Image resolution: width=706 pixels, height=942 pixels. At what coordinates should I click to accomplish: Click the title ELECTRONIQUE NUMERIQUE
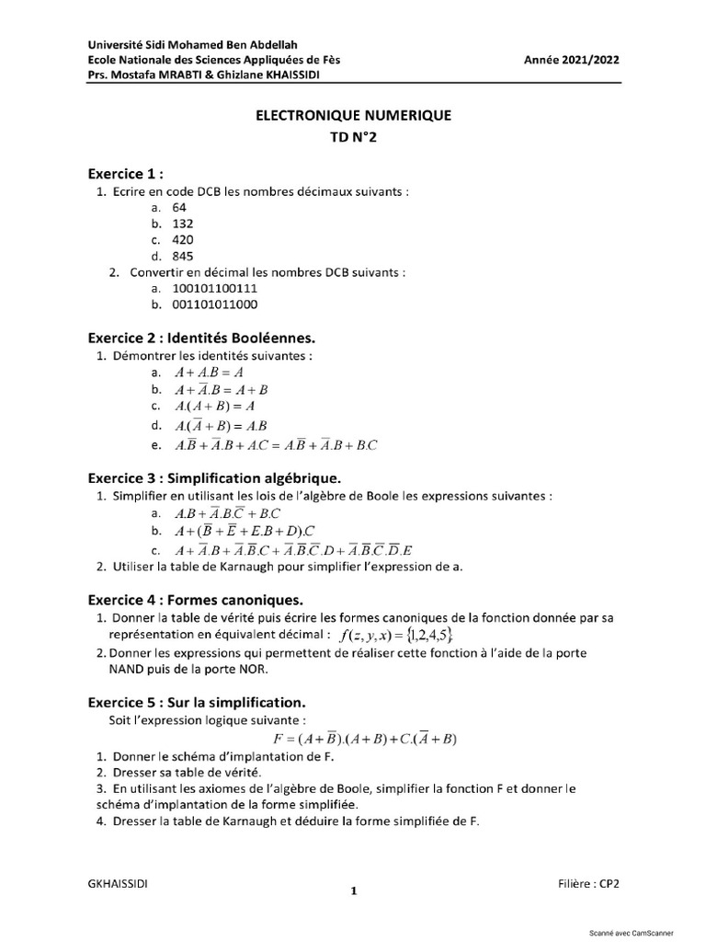point(353,116)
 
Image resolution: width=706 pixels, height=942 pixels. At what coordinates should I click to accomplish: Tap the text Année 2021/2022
point(572,60)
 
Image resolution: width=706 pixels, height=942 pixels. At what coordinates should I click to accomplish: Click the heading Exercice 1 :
point(126,173)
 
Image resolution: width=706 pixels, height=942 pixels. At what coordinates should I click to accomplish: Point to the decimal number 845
point(183,256)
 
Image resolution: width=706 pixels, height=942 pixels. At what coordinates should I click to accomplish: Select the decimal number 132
point(183,224)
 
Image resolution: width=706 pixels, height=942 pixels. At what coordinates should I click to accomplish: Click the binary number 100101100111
point(215,288)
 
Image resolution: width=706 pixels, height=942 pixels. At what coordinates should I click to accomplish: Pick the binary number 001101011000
point(215,304)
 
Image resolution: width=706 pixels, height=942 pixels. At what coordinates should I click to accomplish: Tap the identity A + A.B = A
point(209,373)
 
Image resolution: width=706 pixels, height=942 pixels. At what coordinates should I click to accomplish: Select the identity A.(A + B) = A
point(214,407)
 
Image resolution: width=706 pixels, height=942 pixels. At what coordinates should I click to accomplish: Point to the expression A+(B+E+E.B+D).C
point(245,532)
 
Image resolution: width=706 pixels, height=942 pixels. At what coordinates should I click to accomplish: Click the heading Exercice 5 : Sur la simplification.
point(197,701)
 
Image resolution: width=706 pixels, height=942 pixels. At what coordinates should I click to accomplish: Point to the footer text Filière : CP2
point(588,883)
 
